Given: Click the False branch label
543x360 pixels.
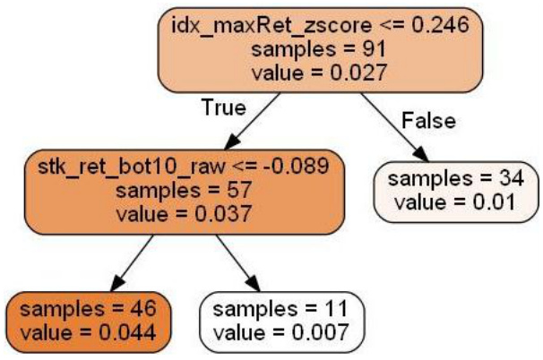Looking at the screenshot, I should click(428, 120).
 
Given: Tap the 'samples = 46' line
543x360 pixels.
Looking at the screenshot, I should click(88, 309).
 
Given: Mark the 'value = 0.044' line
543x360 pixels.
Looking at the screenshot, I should click(88, 332).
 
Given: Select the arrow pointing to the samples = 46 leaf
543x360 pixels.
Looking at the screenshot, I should click(126, 263).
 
